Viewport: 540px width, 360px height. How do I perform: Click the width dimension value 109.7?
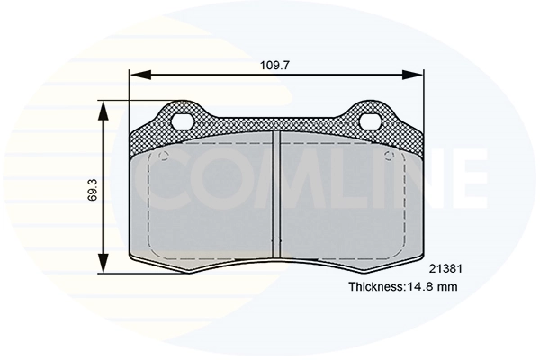pos(274,65)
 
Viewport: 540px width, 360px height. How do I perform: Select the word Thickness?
pos(376,287)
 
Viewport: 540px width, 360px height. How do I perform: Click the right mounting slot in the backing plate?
pos(370,121)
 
